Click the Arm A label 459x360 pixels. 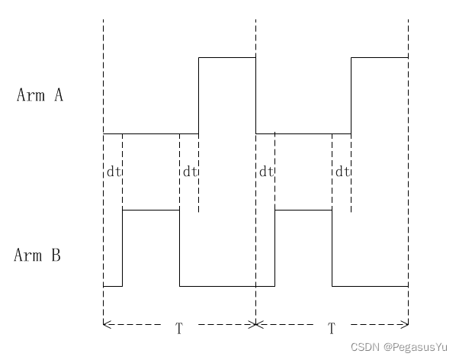pos(40,95)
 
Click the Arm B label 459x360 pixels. pos(37,255)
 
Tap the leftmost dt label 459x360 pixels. pos(114,172)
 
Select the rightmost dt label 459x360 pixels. pos(342,172)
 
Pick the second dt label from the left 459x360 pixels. pos(190,172)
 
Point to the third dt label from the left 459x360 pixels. pos(266,172)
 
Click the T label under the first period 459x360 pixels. pos(179,329)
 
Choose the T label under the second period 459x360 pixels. pos(332,329)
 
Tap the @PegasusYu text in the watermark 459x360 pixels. pos(416,347)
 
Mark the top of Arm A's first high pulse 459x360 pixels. pos(227,57)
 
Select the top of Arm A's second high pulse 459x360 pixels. pos(380,57)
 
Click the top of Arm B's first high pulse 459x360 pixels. pos(151,210)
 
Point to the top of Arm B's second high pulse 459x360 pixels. pos(303,210)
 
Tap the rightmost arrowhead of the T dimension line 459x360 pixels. pos(405,324)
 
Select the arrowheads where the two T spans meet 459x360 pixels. pos(255,324)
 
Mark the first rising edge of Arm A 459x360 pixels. pos(198,95)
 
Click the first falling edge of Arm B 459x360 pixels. pos(179,248)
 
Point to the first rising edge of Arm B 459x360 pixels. pos(122,248)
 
